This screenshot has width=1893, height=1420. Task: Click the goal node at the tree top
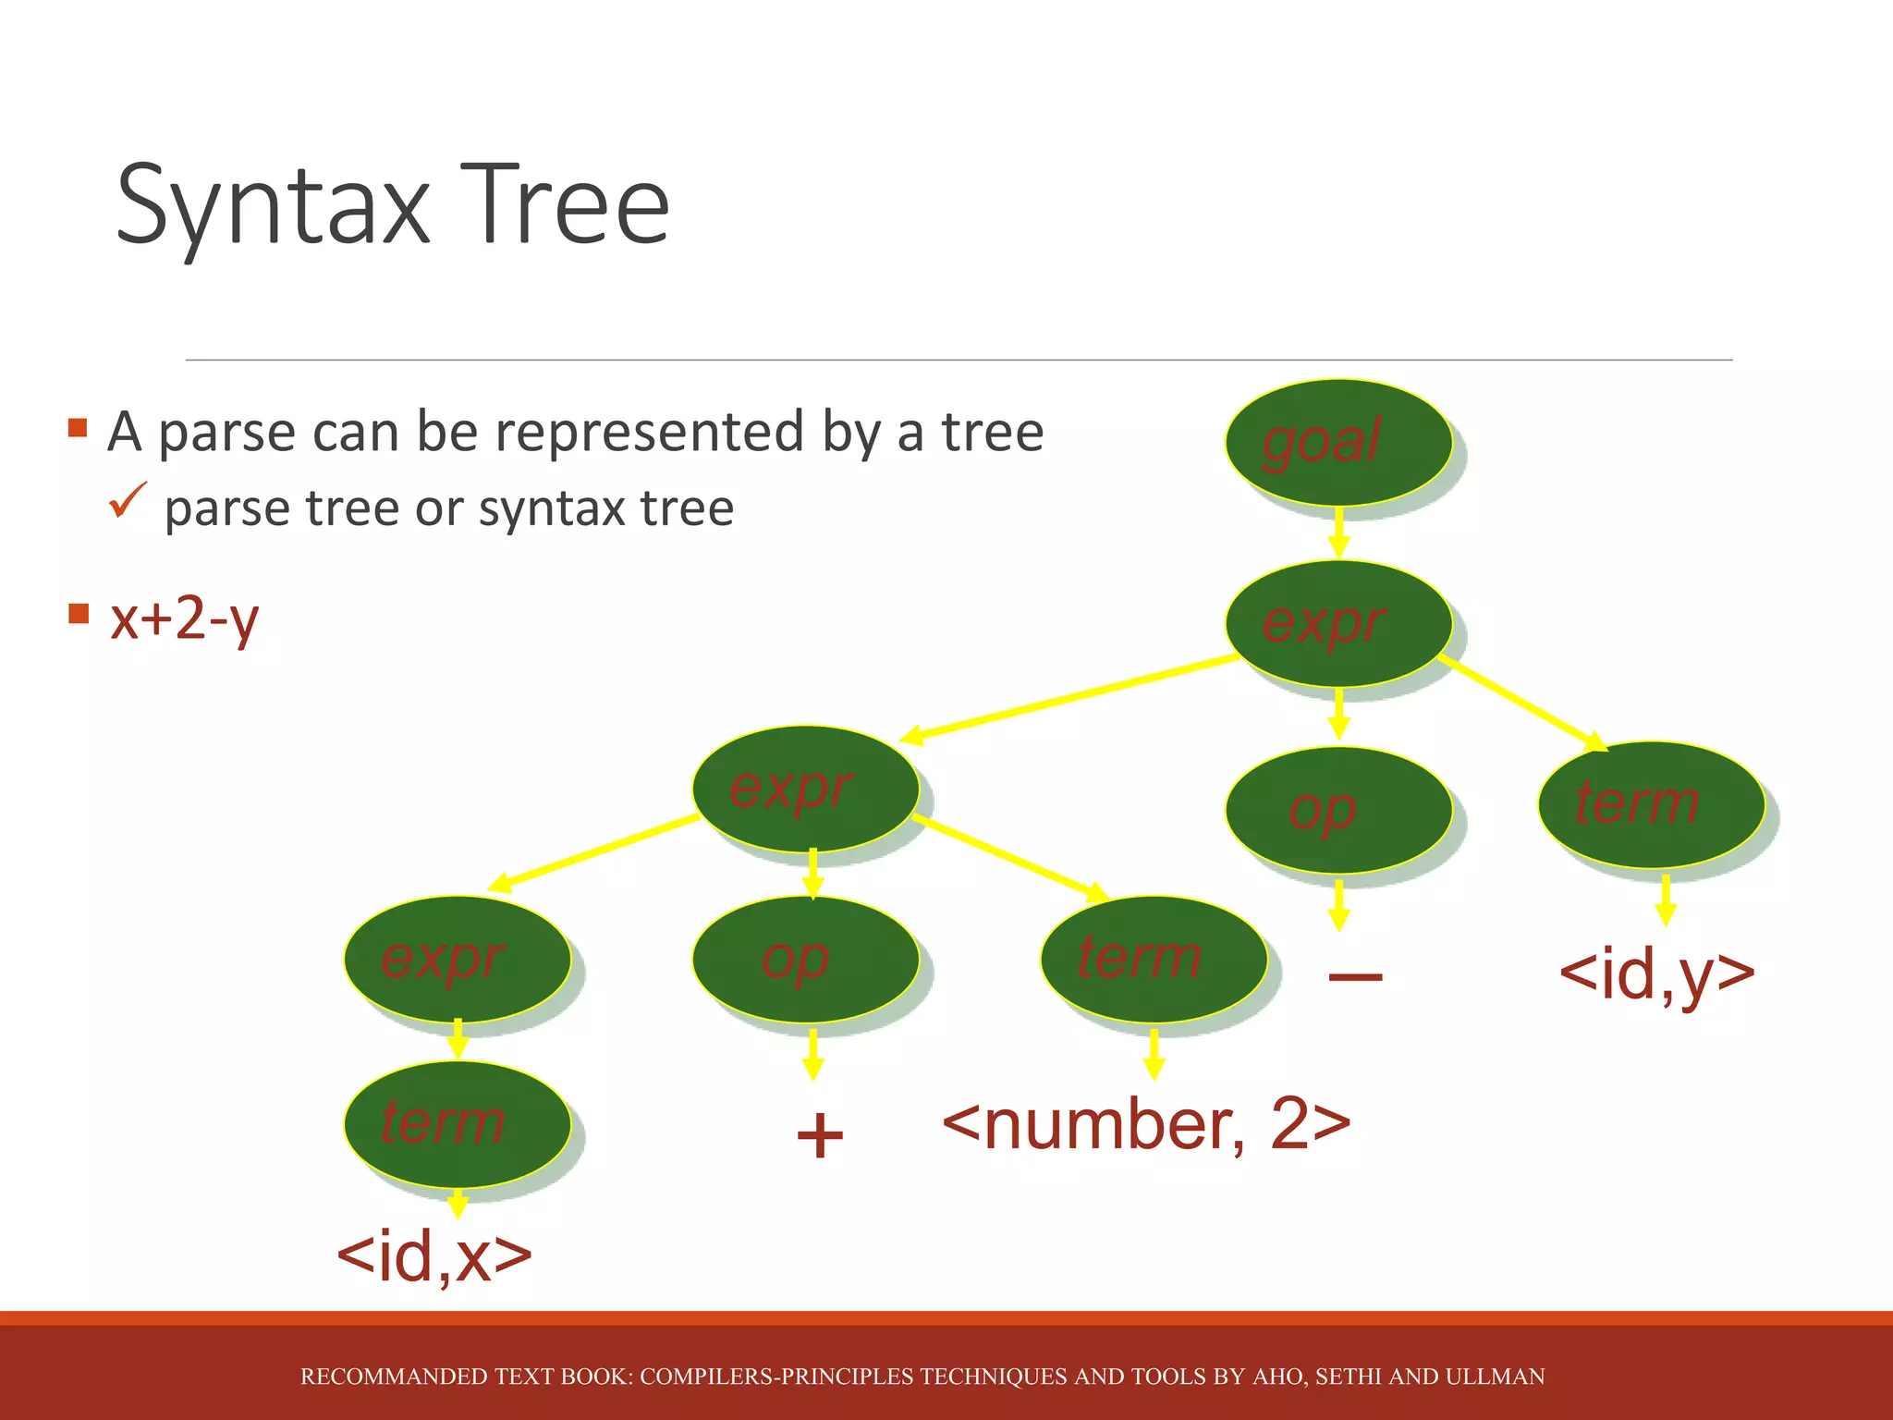click(x=1337, y=442)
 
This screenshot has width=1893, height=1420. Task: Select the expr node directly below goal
click(x=1337, y=623)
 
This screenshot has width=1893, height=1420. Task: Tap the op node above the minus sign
click(x=1337, y=810)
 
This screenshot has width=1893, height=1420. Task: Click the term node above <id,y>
click(x=1651, y=804)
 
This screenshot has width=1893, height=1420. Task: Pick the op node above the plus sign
click(x=805, y=959)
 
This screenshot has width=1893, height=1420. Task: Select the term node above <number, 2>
click(x=1153, y=959)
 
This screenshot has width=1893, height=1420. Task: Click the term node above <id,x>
click(x=457, y=1123)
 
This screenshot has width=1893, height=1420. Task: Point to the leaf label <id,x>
click(x=434, y=1257)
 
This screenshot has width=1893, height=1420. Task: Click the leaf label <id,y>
click(x=1656, y=974)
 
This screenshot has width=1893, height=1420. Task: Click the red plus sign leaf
click(x=819, y=1135)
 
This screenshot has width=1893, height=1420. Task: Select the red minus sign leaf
click(x=1354, y=976)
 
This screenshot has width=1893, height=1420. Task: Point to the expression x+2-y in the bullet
click(x=184, y=618)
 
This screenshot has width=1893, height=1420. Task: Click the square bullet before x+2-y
click(x=79, y=613)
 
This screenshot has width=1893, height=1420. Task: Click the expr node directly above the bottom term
click(x=457, y=959)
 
